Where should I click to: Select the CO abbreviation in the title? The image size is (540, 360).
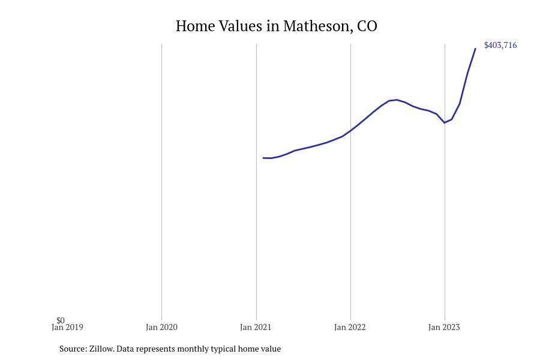pyautogui.click(x=367, y=26)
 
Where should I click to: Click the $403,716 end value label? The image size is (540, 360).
pyautogui.click(x=500, y=46)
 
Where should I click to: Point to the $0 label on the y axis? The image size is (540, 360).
pyautogui.click(x=61, y=320)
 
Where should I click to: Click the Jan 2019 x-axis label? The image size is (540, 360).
pyautogui.click(x=67, y=328)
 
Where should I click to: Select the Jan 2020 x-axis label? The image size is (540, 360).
pyautogui.click(x=161, y=328)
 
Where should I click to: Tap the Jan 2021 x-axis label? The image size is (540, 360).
pyautogui.click(x=256, y=328)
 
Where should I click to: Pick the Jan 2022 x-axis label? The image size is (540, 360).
pyautogui.click(x=350, y=328)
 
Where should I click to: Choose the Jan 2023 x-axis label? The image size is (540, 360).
pyautogui.click(x=444, y=328)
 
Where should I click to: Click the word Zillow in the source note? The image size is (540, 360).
pyautogui.click(x=101, y=349)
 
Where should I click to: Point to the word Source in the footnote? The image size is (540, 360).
pyautogui.click(x=73, y=349)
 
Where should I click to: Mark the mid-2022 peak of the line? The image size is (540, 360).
pyautogui.click(x=396, y=100)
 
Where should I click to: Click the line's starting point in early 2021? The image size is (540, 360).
pyautogui.click(x=263, y=158)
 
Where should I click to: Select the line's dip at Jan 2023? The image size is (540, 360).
pyautogui.click(x=445, y=122)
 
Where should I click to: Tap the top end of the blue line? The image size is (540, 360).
pyautogui.click(x=475, y=49)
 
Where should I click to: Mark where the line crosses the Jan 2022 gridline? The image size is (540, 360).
pyautogui.click(x=350, y=130)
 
